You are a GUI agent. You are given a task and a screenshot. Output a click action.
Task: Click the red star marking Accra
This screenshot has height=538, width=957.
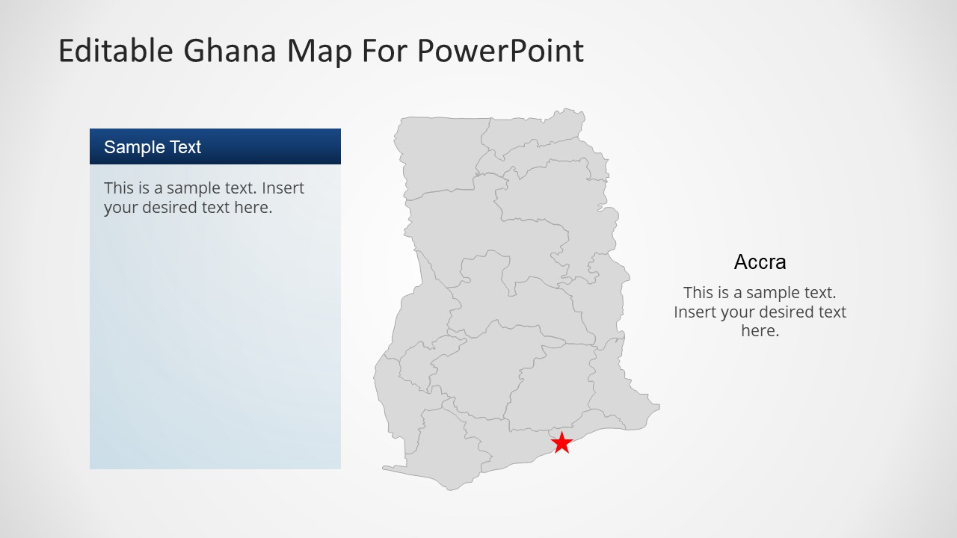click(561, 442)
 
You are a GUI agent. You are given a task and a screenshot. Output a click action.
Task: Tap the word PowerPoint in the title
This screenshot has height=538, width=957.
click(500, 51)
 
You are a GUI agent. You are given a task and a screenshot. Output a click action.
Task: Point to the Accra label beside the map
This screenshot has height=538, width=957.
click(760, 262)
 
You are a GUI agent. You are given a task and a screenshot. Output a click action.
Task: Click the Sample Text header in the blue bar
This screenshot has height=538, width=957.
click(153, 147)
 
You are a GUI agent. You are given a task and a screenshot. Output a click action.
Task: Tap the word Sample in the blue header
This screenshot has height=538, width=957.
click(129, 147)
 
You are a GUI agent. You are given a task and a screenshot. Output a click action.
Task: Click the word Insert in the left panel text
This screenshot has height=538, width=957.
click(283, 188)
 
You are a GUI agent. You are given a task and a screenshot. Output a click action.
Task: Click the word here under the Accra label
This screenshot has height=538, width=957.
click(760, 331)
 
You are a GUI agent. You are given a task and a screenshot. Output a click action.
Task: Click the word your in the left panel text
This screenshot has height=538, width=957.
click(120, 208)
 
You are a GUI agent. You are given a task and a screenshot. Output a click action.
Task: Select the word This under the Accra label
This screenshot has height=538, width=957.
click(698, 293)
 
